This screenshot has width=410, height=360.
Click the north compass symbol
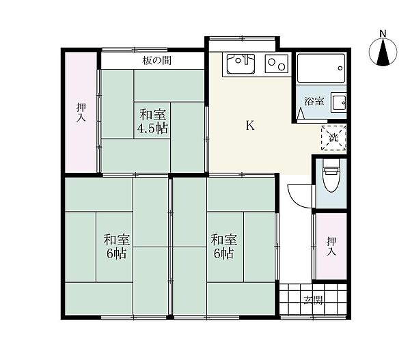383,52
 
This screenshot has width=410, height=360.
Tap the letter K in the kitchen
250,126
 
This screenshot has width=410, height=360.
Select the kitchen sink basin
241,64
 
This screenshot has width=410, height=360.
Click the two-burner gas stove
276,64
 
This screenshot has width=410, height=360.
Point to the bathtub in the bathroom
321,68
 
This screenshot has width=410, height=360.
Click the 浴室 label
314,101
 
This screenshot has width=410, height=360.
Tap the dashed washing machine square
333,138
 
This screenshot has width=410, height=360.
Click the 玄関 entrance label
313,300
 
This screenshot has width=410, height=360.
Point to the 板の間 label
157,61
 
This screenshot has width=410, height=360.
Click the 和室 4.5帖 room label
152,122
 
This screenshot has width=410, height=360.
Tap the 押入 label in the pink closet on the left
81,112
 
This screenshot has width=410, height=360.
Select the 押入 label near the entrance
331,246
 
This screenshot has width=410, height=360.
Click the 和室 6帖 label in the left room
117,247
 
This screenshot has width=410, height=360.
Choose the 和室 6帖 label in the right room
224,247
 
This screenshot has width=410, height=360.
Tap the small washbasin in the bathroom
339,102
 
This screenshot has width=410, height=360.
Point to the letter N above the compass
383,33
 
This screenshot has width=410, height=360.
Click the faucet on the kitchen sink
246,59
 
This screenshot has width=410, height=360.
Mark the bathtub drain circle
340,68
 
